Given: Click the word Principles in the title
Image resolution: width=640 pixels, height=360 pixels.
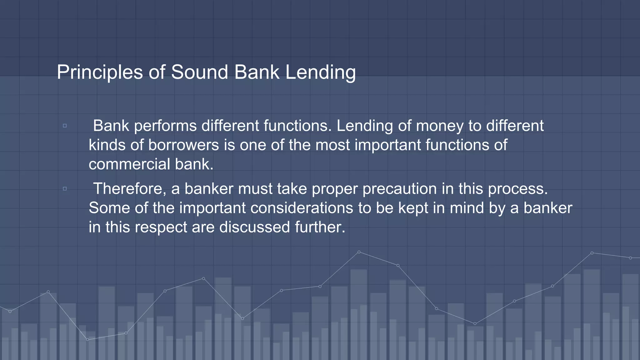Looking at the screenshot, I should [x=100, y=72].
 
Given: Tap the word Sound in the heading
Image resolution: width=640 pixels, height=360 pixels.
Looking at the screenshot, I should [x=200, y=72].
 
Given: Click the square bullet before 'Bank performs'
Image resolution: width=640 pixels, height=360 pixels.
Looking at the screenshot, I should [x=65, y=126].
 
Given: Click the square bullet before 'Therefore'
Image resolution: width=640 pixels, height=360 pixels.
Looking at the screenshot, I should [x=65, y=189].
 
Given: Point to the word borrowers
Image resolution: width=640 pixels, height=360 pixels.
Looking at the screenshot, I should [x=183, y=145].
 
